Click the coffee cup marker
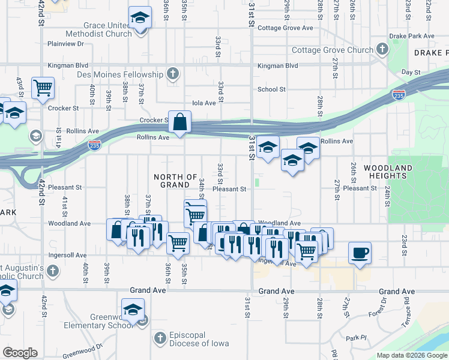click(x=360, y=252)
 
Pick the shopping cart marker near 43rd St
click(x=43, y=88)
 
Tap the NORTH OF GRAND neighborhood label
click(x=175, y=181)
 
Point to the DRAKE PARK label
click(x=431, y=53)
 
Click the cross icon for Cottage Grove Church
click(x=382, y=49)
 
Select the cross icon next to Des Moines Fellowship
click(x=173, y=74)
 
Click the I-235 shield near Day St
click(x=397, y=95)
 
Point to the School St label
click(x=271, y=89)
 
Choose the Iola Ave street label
click(x=203, y=103)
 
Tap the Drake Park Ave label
click(x=412, y=36)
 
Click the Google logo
click(x=20, y=353)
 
